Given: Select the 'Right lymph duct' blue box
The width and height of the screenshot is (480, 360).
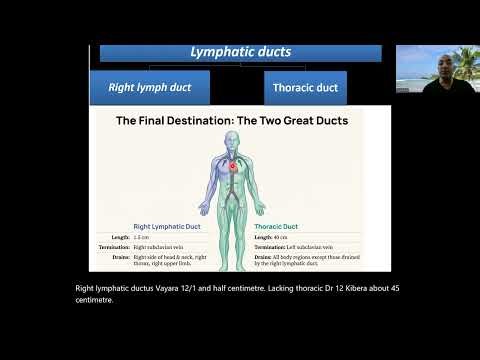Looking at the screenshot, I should pyautogui.click(x=150, y=87).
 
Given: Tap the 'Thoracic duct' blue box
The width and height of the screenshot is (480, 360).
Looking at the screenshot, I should pyautogui.click(x=305, y=88).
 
